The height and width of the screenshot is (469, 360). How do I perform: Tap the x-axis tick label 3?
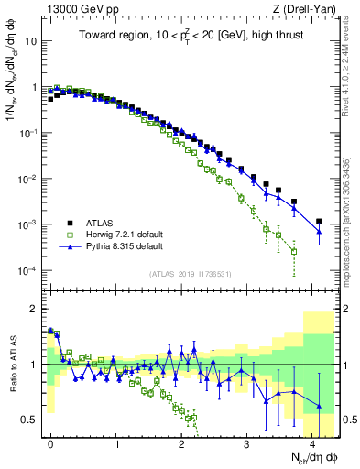coord(246,442)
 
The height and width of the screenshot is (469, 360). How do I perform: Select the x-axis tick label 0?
coord(50,442)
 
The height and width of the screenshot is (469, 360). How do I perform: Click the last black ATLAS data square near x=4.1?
coord(319,222)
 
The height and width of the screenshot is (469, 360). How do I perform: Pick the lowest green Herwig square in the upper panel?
coord(293,252)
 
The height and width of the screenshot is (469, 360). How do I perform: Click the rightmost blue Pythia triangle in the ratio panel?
coord(319,406)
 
